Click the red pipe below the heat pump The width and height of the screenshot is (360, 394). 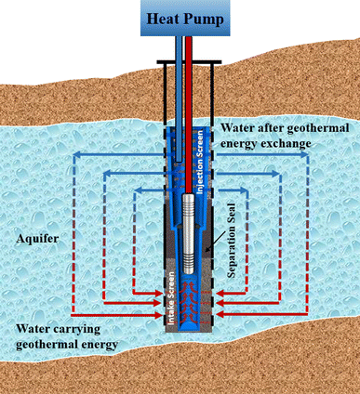[186, 84]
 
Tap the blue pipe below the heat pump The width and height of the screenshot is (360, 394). [174, 84]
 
